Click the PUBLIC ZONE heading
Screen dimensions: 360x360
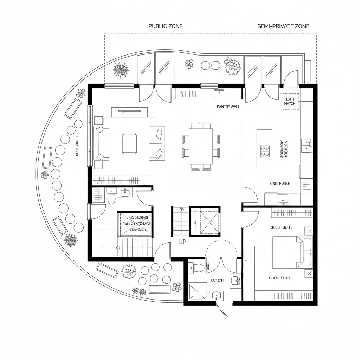[166, 26]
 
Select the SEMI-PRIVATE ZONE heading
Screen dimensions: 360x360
[283, 26]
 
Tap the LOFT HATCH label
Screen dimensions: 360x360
[290, 101]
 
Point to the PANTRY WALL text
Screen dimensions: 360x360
[228, 107]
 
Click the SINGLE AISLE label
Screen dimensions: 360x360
[279, 184]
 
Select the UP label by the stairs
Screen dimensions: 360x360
[182, 242]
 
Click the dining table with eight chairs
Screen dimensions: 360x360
[201, 146]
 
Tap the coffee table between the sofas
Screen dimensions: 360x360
[129, 143]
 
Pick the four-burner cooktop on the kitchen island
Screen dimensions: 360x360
[264, 151]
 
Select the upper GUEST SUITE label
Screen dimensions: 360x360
[281, 227]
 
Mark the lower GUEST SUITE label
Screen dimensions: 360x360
[280, 278]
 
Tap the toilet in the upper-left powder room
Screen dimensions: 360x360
[111, 196]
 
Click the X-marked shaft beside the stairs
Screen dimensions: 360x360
[205, 222]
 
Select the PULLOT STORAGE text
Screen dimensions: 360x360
[136, 224]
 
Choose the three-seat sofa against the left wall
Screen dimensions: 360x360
[102, 143]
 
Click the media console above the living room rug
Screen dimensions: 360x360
[129, 112]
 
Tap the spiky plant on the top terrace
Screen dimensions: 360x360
[121, 69]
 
